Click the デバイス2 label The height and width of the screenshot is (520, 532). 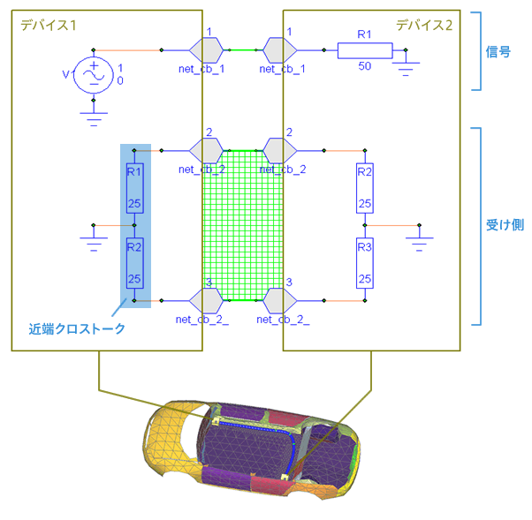point(424,25)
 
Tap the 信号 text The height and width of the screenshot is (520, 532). point(499,51)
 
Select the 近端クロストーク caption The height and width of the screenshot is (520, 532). point(77,328)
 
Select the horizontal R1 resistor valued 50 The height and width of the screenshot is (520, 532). point(364,50)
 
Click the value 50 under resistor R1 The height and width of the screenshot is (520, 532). point(364,67)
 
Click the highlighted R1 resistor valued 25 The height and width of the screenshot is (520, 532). point(134,188)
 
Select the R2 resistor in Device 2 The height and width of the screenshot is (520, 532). point(365,187)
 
